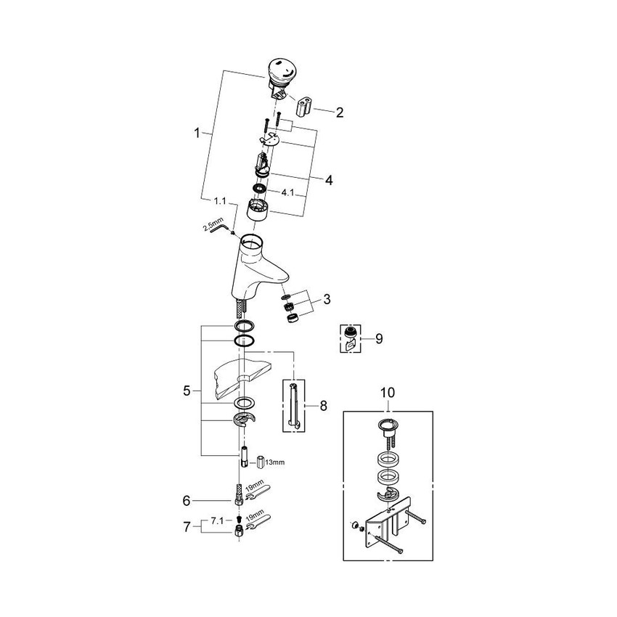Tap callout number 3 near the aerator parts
327,298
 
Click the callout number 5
187,391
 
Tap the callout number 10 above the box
388,392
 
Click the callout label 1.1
220,200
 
